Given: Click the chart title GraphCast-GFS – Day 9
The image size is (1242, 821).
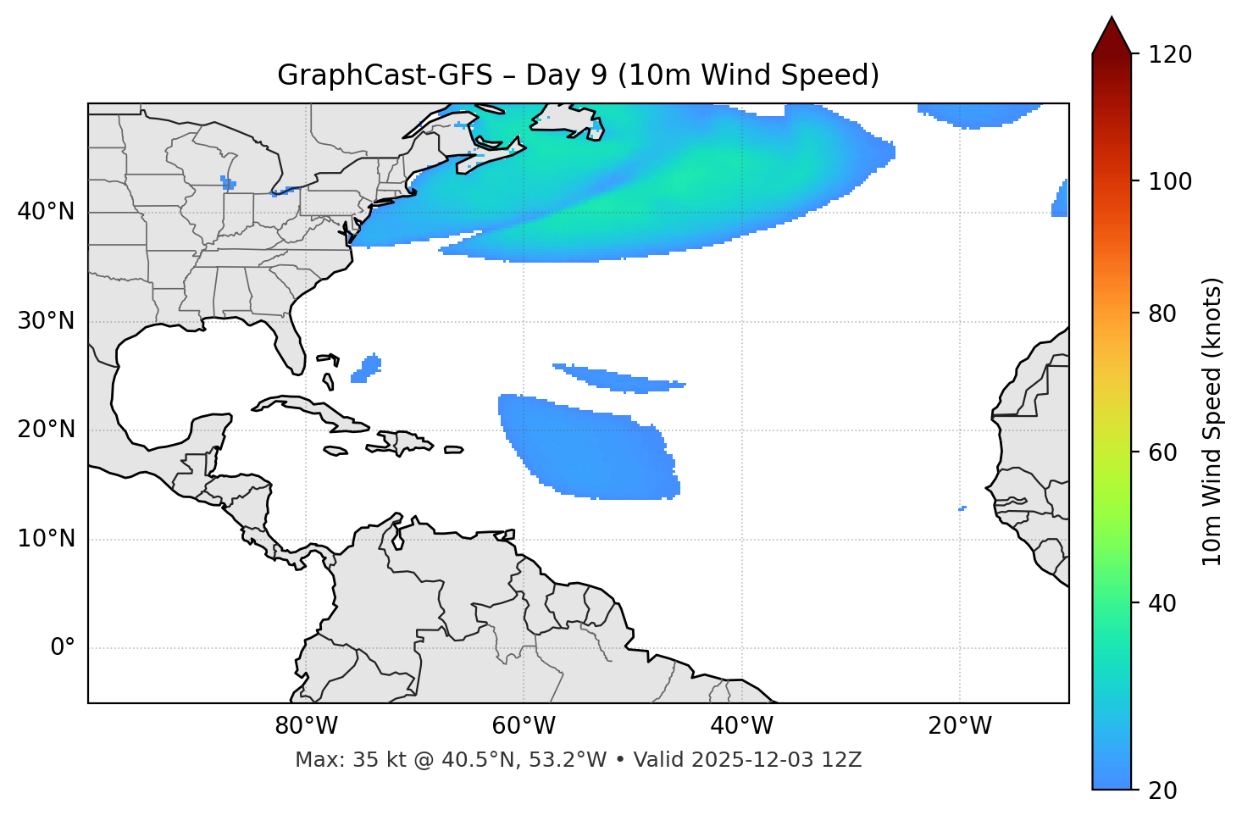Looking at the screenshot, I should pyautogui.click(x=578, y=75).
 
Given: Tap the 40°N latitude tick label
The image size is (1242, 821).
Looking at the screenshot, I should pyautogui.click(x=46, y=212).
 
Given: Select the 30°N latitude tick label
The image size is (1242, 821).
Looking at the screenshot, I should pyautogui.click(x=46, y=321).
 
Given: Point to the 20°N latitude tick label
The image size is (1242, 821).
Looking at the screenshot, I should pyautogui.click(x=46, y=430).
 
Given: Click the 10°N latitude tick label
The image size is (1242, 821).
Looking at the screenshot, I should pyautogui.click(x=46, y=539).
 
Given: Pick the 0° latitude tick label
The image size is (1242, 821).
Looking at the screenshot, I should pyautogui.click(x=63, y=648).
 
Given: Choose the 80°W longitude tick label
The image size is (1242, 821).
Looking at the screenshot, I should pyautogui.click(x=306, y=726).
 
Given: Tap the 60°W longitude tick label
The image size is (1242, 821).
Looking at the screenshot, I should pyautogui.click(x=524, y=726).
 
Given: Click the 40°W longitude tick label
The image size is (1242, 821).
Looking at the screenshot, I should pyautogui.click(x=741, y=726).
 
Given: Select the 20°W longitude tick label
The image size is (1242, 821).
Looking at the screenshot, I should pyautogui.click(x=959, y=726).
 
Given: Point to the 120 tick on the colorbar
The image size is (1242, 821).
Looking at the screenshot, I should pyautogui.click(x=1170, y=55).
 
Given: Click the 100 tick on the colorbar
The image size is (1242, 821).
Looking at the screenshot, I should pyautogui.click(x=1170, y=181).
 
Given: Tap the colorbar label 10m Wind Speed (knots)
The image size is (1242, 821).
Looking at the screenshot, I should pyautogui.click(x=1212, y=421).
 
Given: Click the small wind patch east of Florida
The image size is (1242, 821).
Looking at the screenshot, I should pyautogui.click(x=367, y=369).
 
